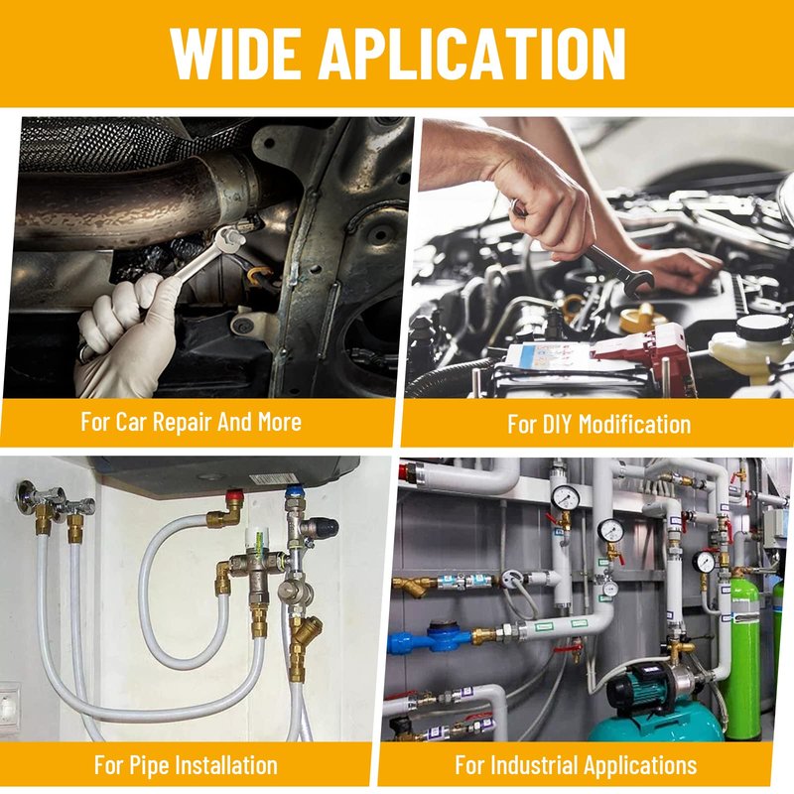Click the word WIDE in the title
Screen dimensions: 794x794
[234, 53]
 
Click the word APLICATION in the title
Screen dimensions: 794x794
[472, 53]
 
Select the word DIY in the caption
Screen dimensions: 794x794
[557, 424]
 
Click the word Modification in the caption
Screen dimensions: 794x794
[635, 424]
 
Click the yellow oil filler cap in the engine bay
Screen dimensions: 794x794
[642, 318]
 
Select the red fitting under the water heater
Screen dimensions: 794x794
[234, 497]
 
